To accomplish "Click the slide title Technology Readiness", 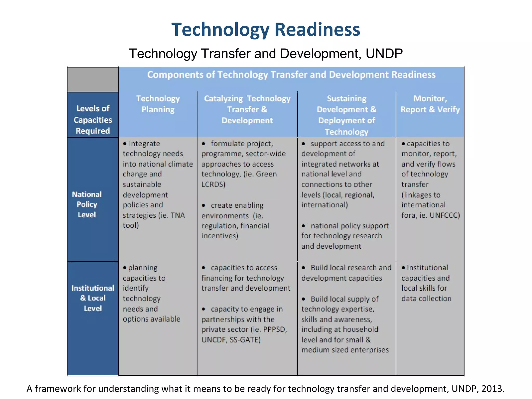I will [x=265, y=29].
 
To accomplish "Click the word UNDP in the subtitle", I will [x=384, y=54].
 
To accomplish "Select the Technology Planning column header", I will [x=158, y=104].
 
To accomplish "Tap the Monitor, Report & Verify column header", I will [x=430, y=104].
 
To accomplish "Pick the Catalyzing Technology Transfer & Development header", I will [x=247, y=109].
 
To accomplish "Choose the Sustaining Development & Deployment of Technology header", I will [x=346, y=115].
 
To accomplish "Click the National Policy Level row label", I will [x=87, y=204].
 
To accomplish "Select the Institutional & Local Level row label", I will [x=93, y=298].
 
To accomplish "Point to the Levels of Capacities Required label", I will [x=93, y=119].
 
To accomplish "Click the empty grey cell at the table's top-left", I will [x=93, y=79].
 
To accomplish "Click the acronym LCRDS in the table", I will [x=213, y=184].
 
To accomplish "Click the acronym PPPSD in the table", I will [x=275, y=329].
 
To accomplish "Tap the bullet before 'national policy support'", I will [x=303, y=226].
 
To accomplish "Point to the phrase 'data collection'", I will [x=426, y=298].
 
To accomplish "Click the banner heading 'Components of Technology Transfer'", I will [x=291, y=75].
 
